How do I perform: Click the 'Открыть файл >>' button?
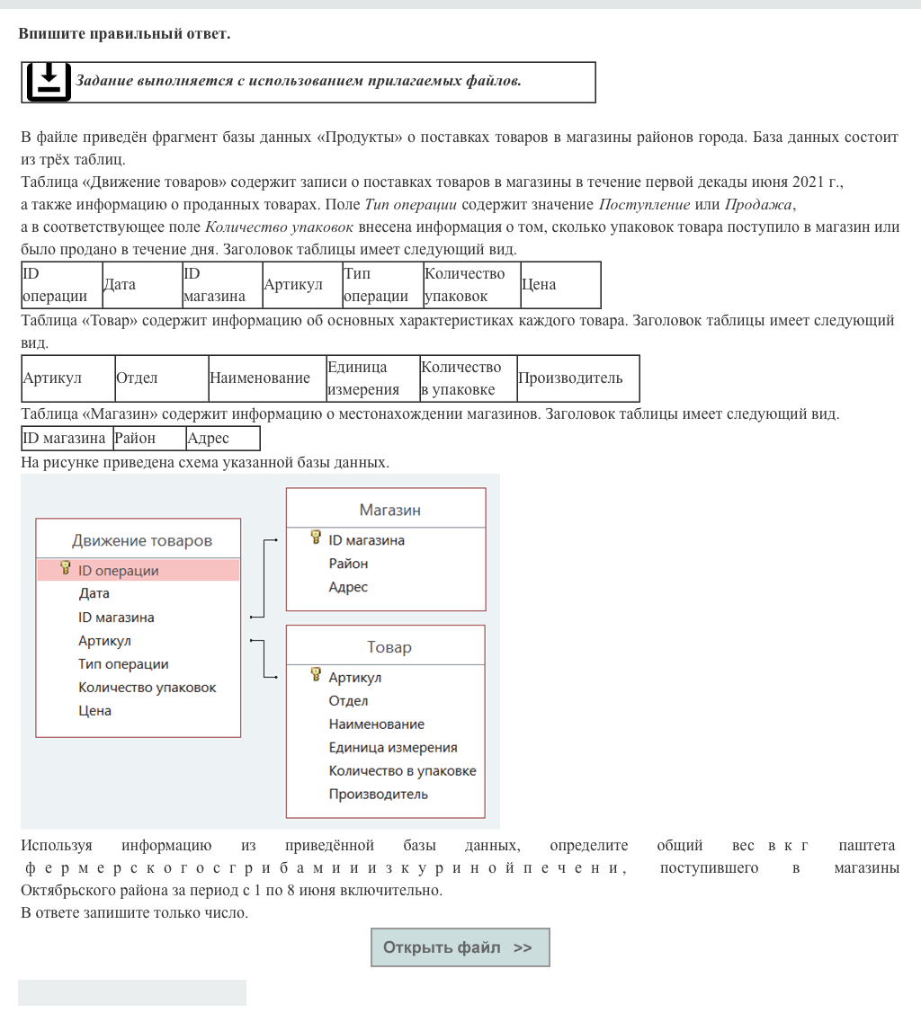coord(460,947)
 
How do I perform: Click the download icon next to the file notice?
coord(48,82)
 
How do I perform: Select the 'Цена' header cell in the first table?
coord(559,285)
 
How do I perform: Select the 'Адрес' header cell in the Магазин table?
coord(222,439)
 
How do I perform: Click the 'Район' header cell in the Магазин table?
coord(148,439)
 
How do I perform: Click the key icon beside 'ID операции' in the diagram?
coord(66,568)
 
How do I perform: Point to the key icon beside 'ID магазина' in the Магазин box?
coord(316,538)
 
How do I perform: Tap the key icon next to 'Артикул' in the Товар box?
coord(316,675)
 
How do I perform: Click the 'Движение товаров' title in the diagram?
coord(142,540)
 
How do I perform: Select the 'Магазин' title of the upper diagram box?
coord(389,510)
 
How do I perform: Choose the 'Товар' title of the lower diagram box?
coord(389,647)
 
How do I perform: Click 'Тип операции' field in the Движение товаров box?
coord(123,664)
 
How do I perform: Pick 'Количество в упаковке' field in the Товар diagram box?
coord(402,770)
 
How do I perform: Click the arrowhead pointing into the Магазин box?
coord(274,541)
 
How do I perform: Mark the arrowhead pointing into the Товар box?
coord(274,678)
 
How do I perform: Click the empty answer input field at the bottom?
coord(132,992)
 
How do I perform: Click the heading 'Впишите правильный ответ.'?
coord(124,34)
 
